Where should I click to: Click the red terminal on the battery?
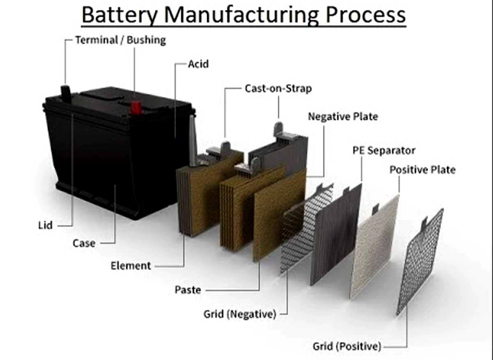click(136, 107)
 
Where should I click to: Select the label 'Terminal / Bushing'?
click(121, 40)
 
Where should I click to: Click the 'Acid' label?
click(198, 64)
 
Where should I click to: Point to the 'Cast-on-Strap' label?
click(279, 88)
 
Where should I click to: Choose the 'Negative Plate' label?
click(343, 117)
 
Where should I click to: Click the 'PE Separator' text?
click(384, 151)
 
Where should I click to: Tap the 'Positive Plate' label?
click(423, 170)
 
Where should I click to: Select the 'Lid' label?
click(45, 225)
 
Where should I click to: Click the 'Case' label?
click(84, 243)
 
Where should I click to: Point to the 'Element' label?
click(131, 266)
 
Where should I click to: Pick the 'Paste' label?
click(188, 290)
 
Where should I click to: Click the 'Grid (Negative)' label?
click(240, 314)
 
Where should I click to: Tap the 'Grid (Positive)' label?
click(347, 346)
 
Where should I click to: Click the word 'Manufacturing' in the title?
click(242, 15)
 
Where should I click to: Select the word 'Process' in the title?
click(366, 15)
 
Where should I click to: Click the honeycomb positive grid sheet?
click(420, 262)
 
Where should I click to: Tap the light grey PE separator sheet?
click(374, 246)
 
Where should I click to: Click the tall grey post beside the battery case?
click(193, 141)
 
